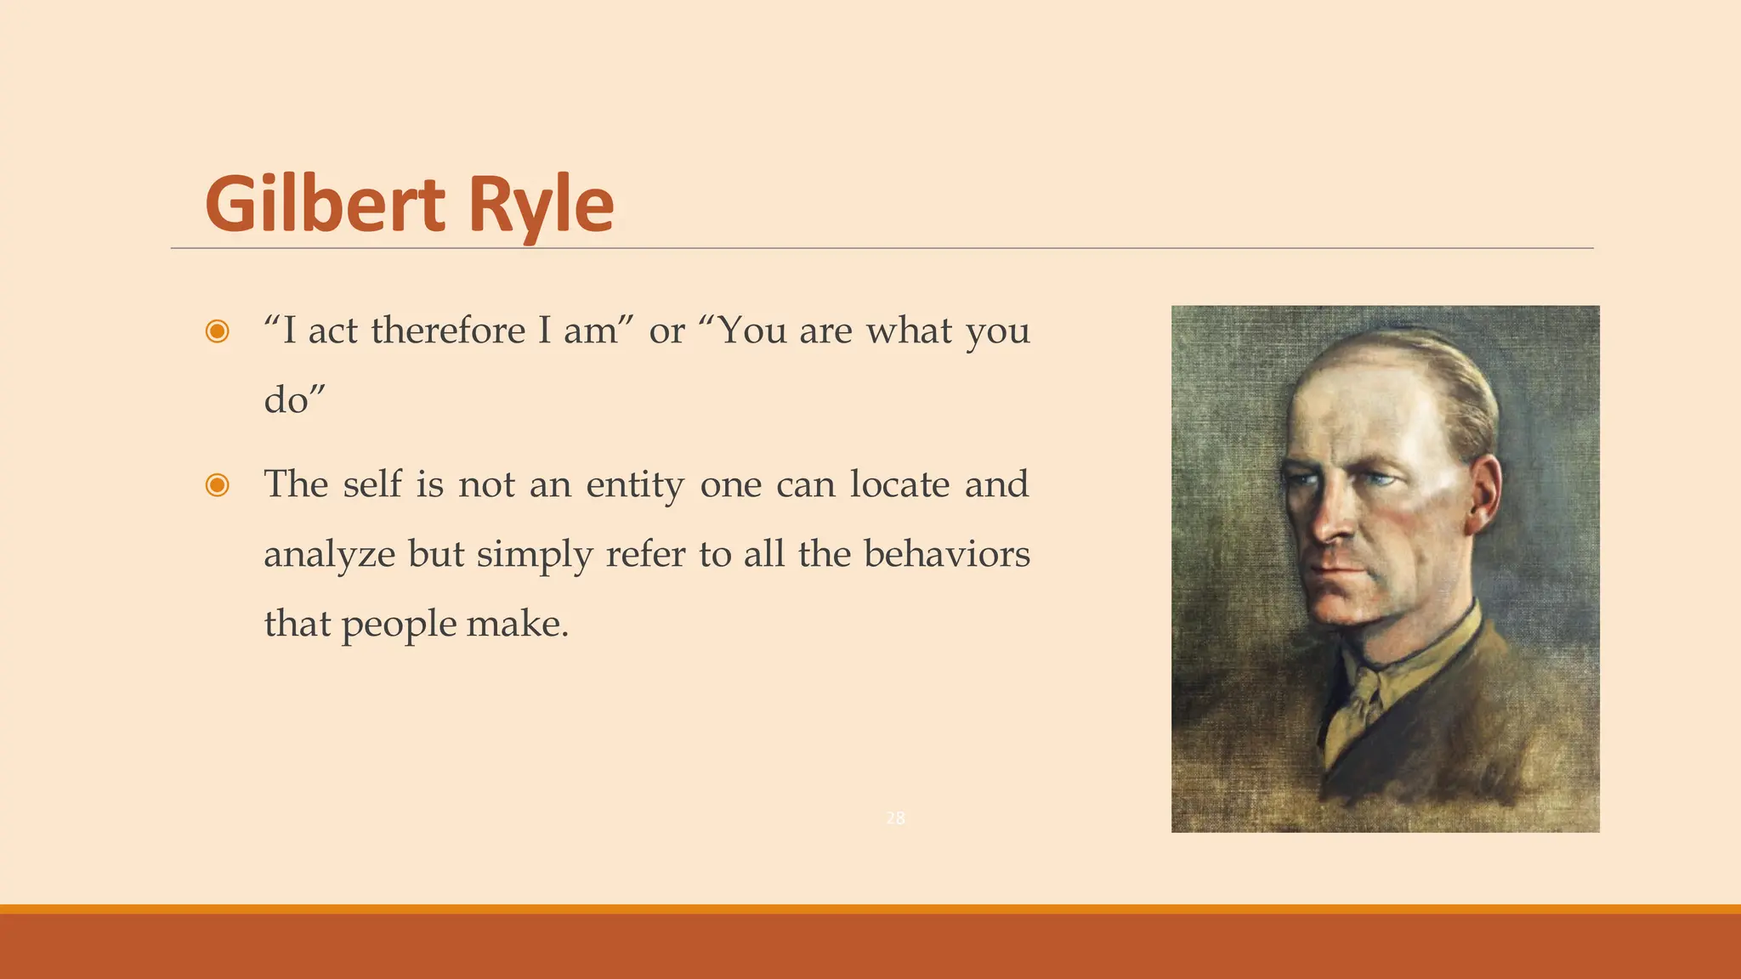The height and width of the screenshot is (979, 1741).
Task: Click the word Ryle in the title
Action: pos(541,206)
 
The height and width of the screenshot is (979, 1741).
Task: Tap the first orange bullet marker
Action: pos(218,331)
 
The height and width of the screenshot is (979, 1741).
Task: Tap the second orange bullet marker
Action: pos(218,485)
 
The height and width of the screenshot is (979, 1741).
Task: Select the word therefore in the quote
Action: pos(448,330)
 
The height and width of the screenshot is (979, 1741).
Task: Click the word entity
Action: pos(634,485)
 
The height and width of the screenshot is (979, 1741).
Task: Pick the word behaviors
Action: pos(946,554)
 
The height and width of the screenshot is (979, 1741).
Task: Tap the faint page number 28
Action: pos(895,818)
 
